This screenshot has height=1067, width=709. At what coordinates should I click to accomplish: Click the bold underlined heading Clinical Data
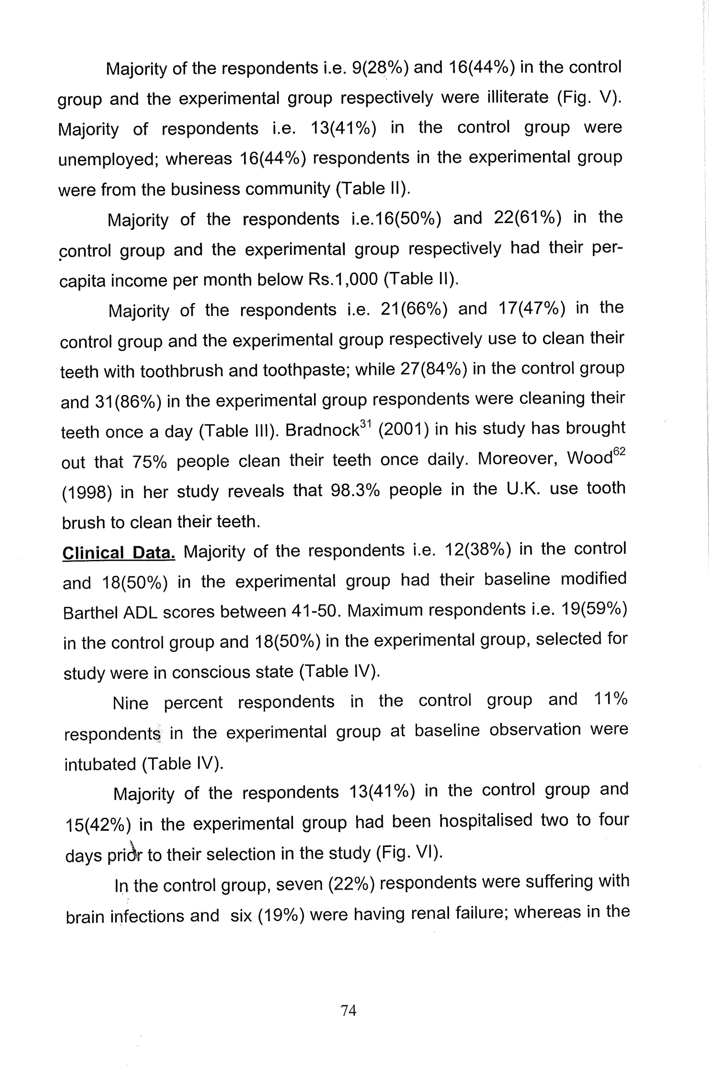118,553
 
